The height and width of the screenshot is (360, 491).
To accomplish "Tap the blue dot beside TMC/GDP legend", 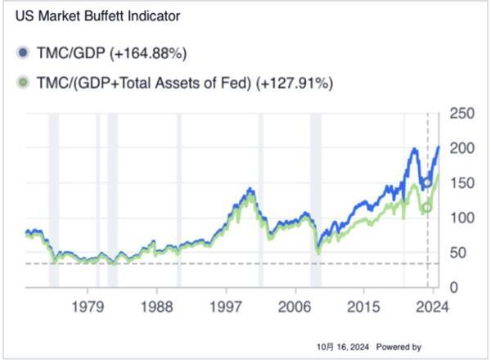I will click(x=23, y=54).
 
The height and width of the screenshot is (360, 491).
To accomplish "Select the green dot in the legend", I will click(x=23, y=83).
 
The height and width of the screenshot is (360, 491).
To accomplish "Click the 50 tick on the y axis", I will click(x=459, y=253).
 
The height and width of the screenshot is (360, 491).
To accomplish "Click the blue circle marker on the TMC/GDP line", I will click(x=427, y=182).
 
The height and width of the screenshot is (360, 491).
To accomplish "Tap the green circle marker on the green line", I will click(x=427, y=208).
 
